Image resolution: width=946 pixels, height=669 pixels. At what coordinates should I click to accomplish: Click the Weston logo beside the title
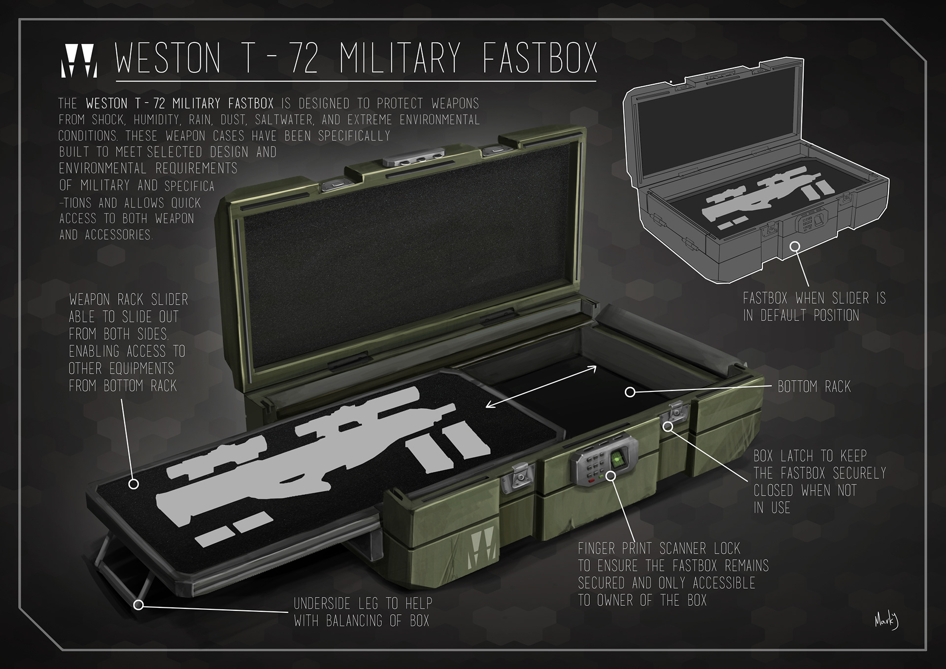point(79,62)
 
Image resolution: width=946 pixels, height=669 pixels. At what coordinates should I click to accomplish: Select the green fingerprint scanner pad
point(617,460)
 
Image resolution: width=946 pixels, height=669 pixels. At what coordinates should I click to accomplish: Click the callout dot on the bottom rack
point(630,392)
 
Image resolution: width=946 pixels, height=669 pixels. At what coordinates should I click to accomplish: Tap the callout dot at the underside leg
point(138,604)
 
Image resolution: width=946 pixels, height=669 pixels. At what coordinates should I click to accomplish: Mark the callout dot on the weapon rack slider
point(133,484)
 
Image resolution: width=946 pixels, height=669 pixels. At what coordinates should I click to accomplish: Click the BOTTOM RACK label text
point(814,387)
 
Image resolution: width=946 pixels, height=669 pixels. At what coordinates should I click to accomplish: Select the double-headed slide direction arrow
point(541,387)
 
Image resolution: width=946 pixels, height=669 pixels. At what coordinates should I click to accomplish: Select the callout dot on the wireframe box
point(795,246)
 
